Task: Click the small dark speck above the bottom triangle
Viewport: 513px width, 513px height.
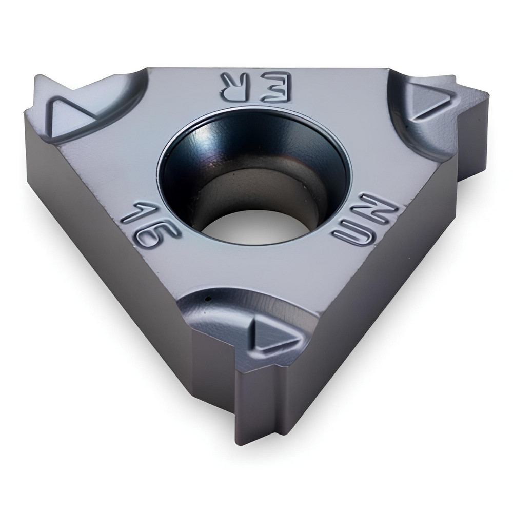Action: [207, 298]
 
